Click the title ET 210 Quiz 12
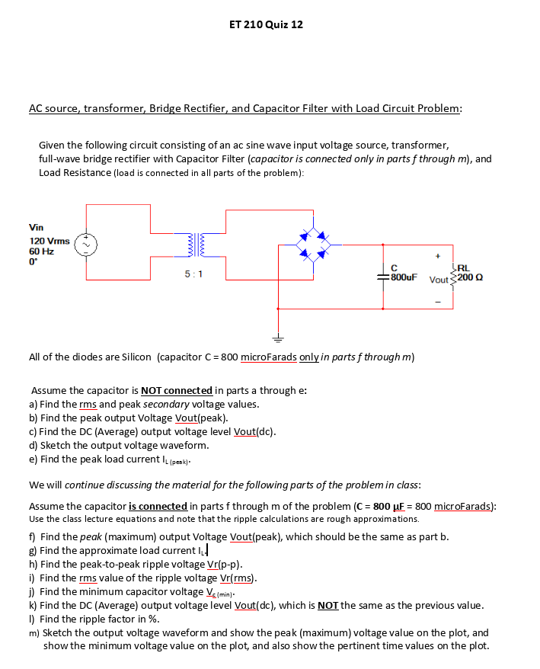tap(266, 24)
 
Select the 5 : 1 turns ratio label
tap(193, 273)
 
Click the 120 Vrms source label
tap(50, 240)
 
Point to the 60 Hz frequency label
tap(41, 251)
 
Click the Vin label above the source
tap(37, 227)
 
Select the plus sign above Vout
tap(438, 258)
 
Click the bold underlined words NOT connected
tap(177, 390)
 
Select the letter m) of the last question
tap(34, 632)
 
